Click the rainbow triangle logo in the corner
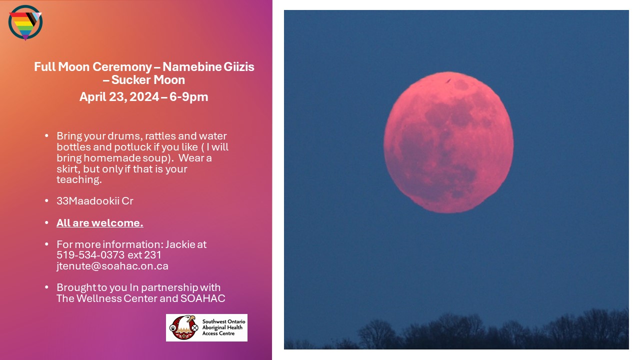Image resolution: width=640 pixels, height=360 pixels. point(25,22)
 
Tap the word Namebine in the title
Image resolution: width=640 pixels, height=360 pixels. point(191,67)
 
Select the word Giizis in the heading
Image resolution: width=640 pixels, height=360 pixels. point(239,67)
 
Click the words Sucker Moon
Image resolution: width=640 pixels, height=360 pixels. point(148,80)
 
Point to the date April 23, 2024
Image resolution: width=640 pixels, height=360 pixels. point(119,97)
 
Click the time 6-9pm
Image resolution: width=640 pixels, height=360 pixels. point(188,97)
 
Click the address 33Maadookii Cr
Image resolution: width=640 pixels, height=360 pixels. point(95,201)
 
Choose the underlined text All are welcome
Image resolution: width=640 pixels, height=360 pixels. point(99,223)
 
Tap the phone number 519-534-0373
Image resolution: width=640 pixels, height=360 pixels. point(90,255)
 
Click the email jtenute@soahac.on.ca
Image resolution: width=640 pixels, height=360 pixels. point(112,266)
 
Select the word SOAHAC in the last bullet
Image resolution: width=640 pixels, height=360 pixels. point(202,298)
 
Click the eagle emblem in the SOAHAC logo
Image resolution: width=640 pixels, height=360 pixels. point(183,327)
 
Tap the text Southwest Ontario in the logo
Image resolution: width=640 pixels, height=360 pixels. point(223,321)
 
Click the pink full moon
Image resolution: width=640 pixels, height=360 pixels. point(448,142)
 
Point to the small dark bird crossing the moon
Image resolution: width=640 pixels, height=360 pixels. point(448,81)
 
